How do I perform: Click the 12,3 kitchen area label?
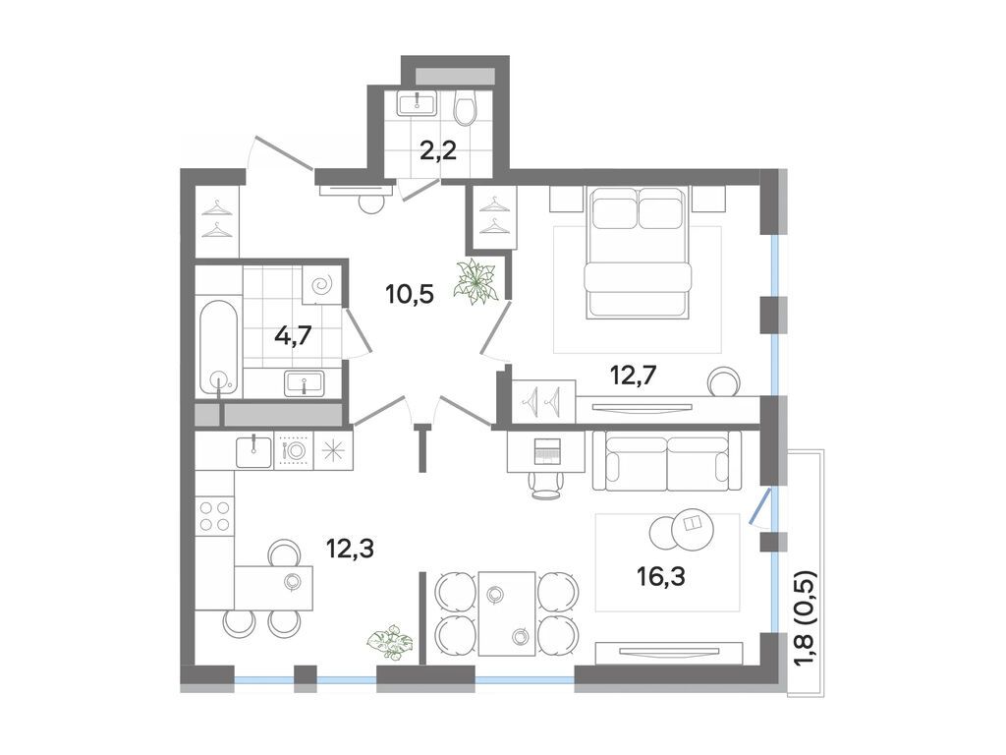tap(351, 549)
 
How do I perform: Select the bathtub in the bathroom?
tap(218, 345)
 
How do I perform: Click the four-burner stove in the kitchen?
tap(214, 516)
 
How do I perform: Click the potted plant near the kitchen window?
tap(390, 640)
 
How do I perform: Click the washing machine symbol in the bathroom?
tap(322, 286)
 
